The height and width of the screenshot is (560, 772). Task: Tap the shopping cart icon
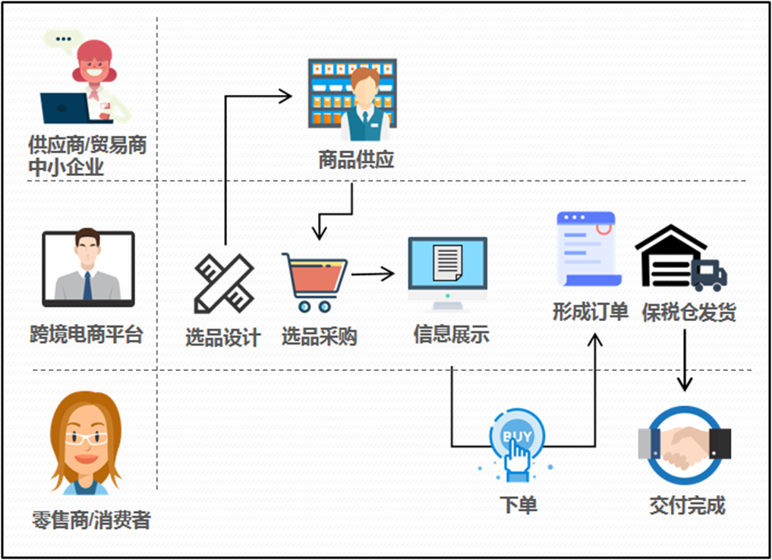(x=314, y=282)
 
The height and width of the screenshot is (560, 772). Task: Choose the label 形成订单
(x=591, y=311)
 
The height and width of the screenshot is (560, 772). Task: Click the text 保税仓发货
(x=688, y=312)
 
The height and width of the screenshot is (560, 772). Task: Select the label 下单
(x=518, y=505)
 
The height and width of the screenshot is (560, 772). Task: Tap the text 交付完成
(x=687, y=505)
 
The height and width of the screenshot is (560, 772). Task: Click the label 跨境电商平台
(x=87, y=335)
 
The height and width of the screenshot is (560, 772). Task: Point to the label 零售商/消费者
(x=91, y=521)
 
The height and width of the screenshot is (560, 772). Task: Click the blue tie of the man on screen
(x=88, y=285)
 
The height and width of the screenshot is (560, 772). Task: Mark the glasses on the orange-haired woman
(x=86, y=438)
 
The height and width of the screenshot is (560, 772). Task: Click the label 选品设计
(x=223, y=337)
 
